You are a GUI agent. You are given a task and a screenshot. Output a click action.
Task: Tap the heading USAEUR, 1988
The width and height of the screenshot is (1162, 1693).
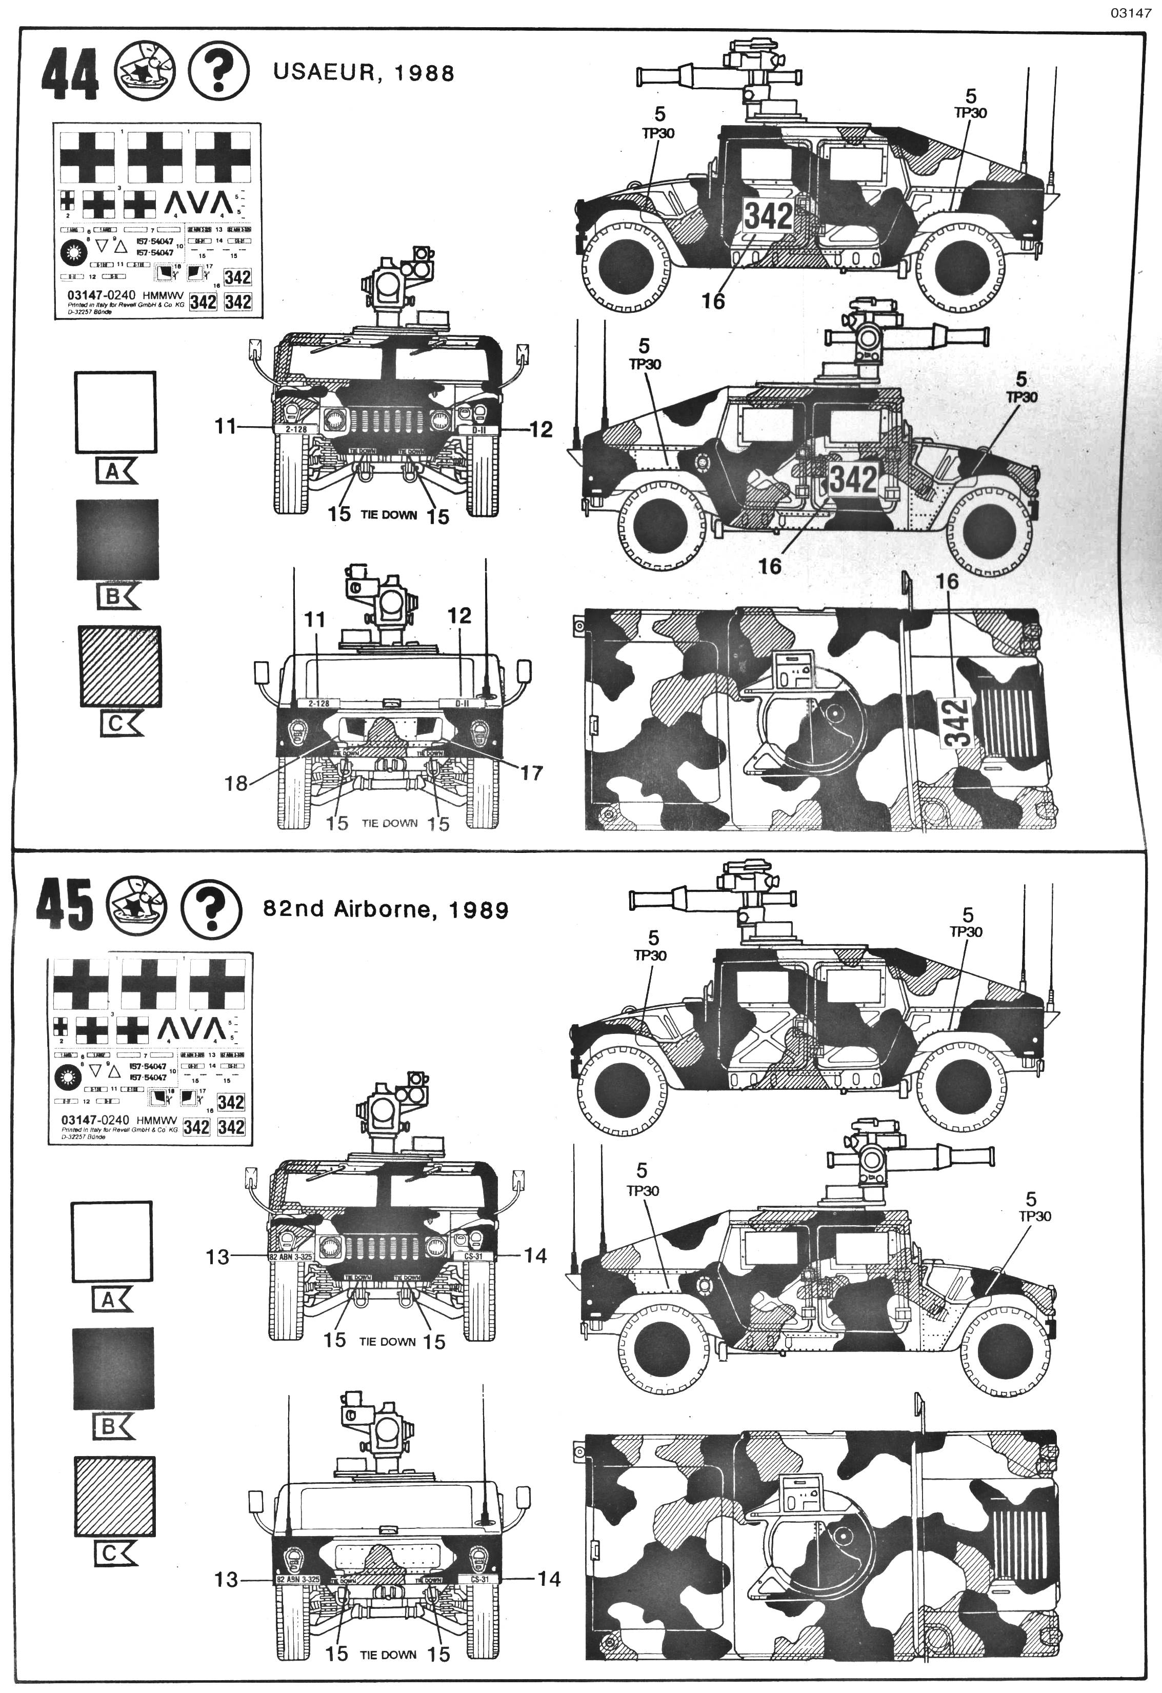point(364,73)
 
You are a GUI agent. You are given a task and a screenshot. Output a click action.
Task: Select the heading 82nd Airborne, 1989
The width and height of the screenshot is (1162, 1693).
point(386,910)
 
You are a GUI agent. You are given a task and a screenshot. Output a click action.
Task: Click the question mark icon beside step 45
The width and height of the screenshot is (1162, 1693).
point(211,906)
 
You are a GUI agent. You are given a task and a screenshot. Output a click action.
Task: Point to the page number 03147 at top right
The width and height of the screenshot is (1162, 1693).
point(1131,12)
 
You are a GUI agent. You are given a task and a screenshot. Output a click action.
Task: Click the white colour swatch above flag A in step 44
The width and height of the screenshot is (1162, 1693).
point(115,412)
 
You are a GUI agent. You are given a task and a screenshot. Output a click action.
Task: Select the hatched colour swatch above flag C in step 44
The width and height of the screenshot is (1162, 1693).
point(120,666)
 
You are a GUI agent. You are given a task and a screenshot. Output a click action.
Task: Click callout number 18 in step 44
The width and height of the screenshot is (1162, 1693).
point(236,784)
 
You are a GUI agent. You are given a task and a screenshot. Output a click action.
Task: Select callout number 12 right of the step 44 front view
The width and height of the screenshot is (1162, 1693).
point(540,430)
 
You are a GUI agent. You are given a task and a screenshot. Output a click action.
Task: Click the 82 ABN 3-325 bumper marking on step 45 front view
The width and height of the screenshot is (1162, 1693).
point(291,1258)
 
